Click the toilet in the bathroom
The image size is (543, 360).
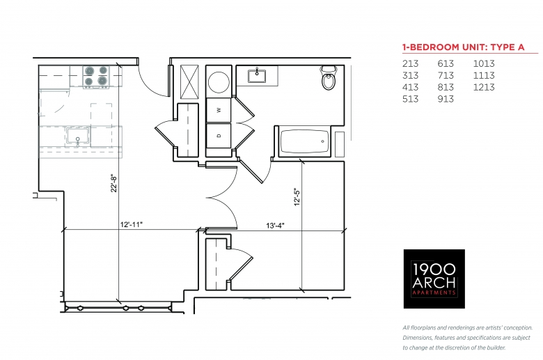pyautogui.click(x=329, y=78)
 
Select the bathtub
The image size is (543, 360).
pyautogui.click(x=304, y=141)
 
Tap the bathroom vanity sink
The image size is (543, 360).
pyautogui.click(x=257, y=76)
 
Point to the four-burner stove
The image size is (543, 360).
pyautogui.click(x=96, y=76)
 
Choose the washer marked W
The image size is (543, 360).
pyautogui.click(x=219, y=110)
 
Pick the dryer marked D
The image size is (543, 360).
pyautogui.click(x=219, y=136)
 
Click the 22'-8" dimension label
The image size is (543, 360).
pyautogui.click(x=113, y=184)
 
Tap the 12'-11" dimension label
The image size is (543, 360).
pyautogui.click(x=132, y=224)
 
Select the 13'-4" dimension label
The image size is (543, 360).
pyautogui.click(x=275, y=226)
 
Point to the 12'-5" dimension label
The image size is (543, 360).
pyautogui.click(x=297, y=197)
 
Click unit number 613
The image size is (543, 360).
pyautogui.click(x=446, y=64)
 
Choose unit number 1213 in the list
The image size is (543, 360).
pyautogui.click(x=484, y=87)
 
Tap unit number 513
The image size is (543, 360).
pyautogui.click(x=410, y=99)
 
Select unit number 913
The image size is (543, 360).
pyautogui.click(x=446, y=99)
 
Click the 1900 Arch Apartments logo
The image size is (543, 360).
pyautogui.click(x=434, y=279)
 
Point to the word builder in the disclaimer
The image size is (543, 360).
pyautogui.click(x=496, y=347)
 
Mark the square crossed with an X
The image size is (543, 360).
pyautogui.click(x=190, y=82)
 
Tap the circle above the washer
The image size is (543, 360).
pyautogui.click(x=219, y=82)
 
